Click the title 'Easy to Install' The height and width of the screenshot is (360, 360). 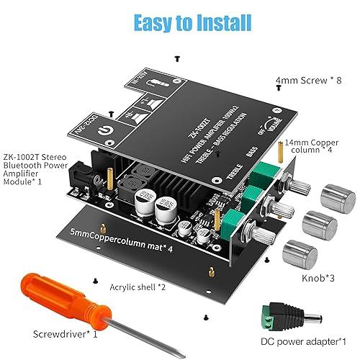pos(180,24)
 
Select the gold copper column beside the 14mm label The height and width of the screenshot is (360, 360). pos(279,151)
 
